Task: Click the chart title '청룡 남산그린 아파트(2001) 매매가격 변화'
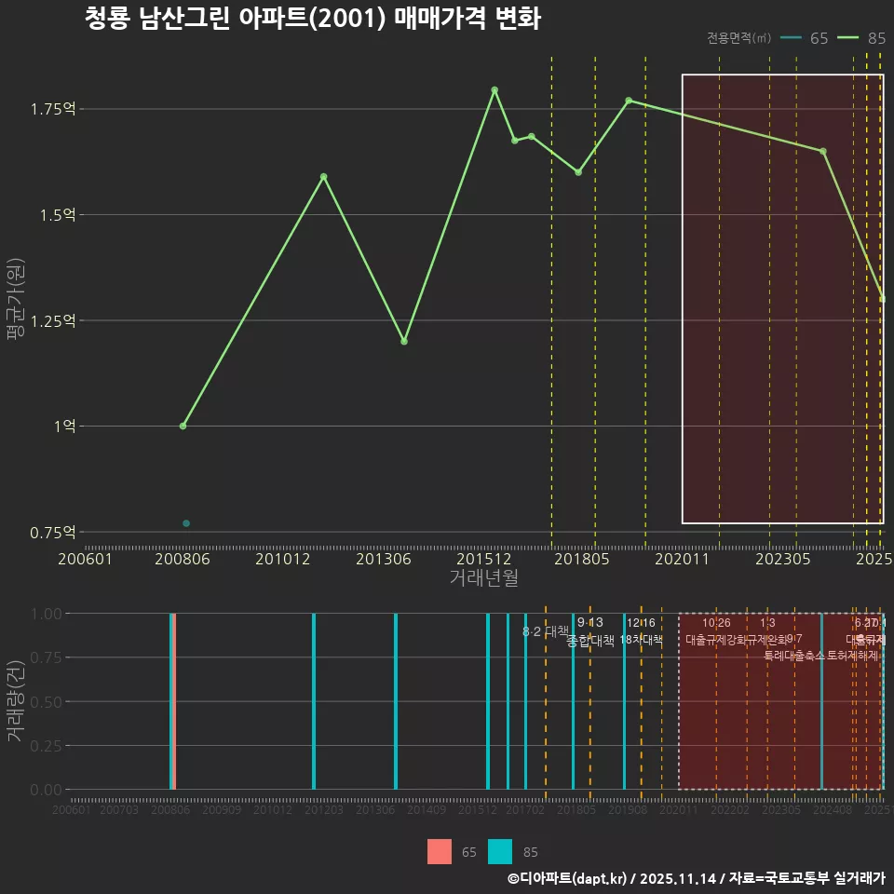(x=312, y=19)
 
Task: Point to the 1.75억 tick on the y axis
(x=54, y=109)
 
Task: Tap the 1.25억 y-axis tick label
(x=54, y=320)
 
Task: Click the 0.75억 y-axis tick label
(x=54, y=533)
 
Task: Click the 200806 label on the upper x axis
(x=183, y=560)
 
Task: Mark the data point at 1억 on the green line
(x=183, y=426)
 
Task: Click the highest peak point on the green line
(x=494, y=90)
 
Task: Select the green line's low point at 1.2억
(x=404, y=341)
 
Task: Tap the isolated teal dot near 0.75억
(x=186, y=523)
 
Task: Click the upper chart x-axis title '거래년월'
(x=483, y=578)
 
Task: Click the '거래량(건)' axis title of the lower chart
(x=15, y=701)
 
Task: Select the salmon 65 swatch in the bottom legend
(x=440, y=852)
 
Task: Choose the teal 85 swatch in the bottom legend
(x=500, y=852)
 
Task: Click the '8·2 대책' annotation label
(x=546, y=631)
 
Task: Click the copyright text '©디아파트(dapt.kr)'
(x=568, y=878)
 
